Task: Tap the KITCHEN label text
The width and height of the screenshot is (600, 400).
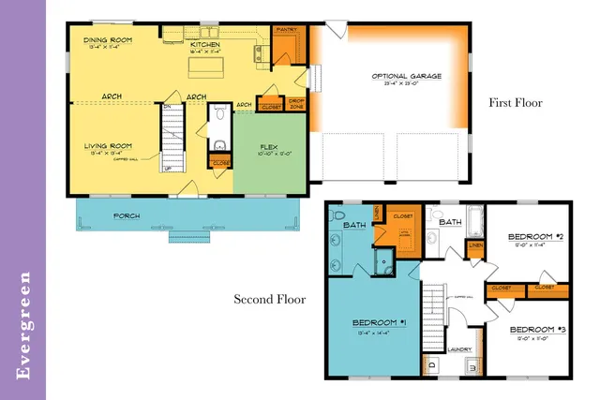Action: tap(205, 45)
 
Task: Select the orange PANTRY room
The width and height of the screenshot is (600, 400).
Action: tap(288, 42)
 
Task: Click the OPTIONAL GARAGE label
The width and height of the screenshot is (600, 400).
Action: tap(406, 76)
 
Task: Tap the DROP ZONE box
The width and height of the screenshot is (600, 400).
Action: tap(296, 104)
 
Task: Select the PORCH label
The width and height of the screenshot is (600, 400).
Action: tap(127, 216)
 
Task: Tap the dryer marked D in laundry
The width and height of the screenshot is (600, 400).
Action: tap(431, 365)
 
